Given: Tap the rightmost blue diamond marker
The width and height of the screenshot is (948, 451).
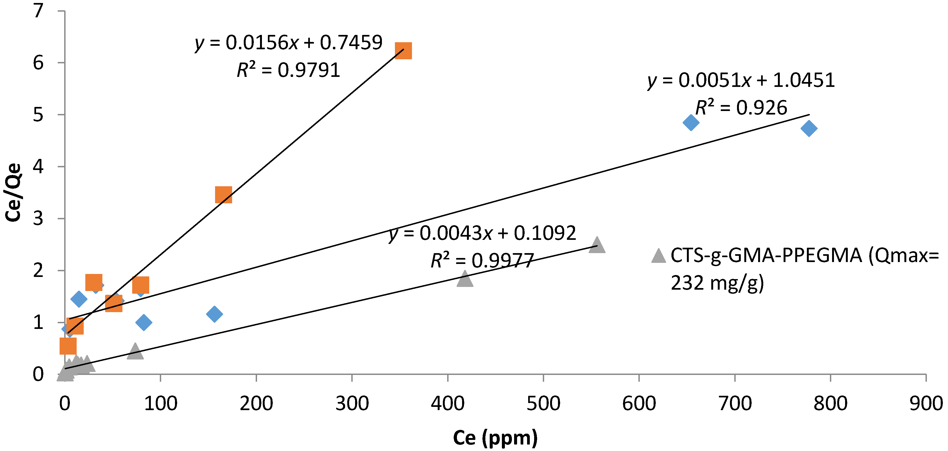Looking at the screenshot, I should coord(809,128).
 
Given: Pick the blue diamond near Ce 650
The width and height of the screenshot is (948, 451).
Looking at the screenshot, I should coord(691,122).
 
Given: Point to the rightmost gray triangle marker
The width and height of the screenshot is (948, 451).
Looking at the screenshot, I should coord(596,245).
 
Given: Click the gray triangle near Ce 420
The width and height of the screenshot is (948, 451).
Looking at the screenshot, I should coord(465,279).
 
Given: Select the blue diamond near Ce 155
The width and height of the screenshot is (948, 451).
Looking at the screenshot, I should coord(215,314).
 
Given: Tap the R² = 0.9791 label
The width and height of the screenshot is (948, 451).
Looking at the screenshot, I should coord(288,70).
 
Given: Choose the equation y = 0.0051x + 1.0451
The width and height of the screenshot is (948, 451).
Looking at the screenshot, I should coord(741,80).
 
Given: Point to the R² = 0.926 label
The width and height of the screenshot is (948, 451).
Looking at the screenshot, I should coord(741,107).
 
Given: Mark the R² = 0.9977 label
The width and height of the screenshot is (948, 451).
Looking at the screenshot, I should coord(482,260).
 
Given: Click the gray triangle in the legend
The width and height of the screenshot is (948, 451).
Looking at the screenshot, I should coord(658,256).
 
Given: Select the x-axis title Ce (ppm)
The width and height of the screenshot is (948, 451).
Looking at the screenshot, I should coord(495,438).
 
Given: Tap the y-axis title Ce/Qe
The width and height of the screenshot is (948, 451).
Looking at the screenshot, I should coord(13,192).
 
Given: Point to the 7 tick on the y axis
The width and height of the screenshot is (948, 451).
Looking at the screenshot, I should coord(38,11).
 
